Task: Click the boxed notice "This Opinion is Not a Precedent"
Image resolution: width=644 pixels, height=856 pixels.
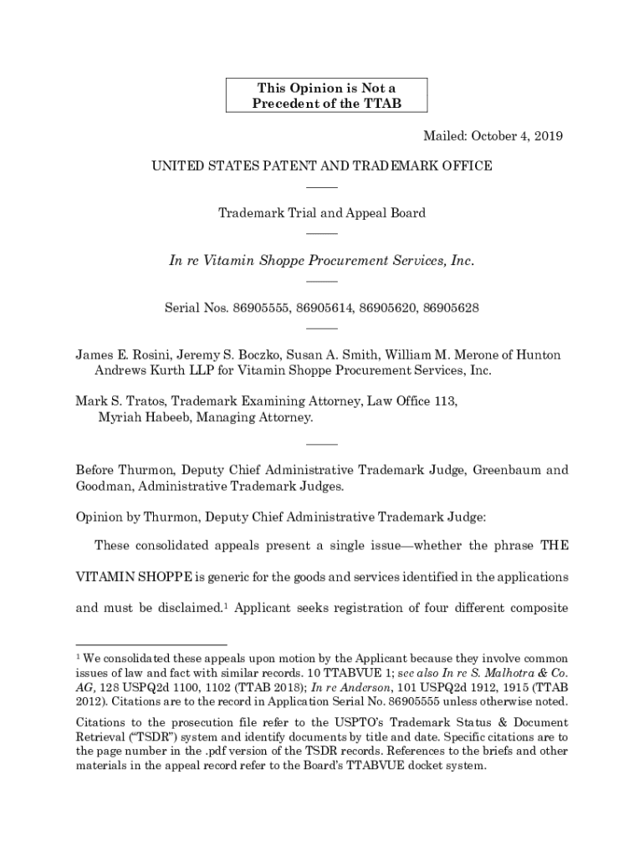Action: coord(326,95)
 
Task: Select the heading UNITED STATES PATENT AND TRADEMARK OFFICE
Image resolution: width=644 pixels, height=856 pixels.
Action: coord(321,166)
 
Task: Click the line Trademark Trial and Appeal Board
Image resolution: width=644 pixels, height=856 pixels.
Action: coord(321,212)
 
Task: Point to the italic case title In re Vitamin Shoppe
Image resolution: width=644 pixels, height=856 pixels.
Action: coord(321,260)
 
